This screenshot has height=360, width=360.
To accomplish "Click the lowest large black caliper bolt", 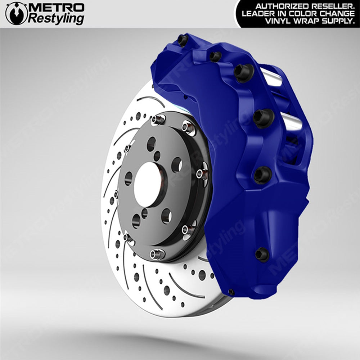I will point(262,254).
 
